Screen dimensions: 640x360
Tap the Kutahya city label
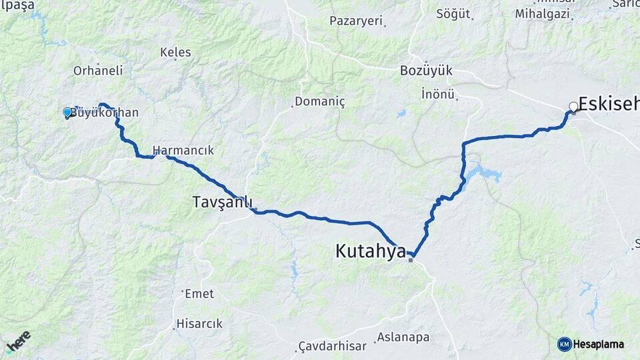click(370, 251)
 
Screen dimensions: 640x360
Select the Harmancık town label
click(183, 150)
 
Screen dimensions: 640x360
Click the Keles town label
click(176, 52)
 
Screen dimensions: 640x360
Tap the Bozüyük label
click(427, 70)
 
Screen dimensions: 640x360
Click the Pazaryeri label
click(357, 21)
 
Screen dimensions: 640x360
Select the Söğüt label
click(453, 13)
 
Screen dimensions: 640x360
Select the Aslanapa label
click(403, 337)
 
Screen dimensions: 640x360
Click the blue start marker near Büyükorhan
click(67, 113)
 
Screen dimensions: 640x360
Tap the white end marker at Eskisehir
click(573, 107)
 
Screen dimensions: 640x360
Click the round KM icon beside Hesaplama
click(564, 344)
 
